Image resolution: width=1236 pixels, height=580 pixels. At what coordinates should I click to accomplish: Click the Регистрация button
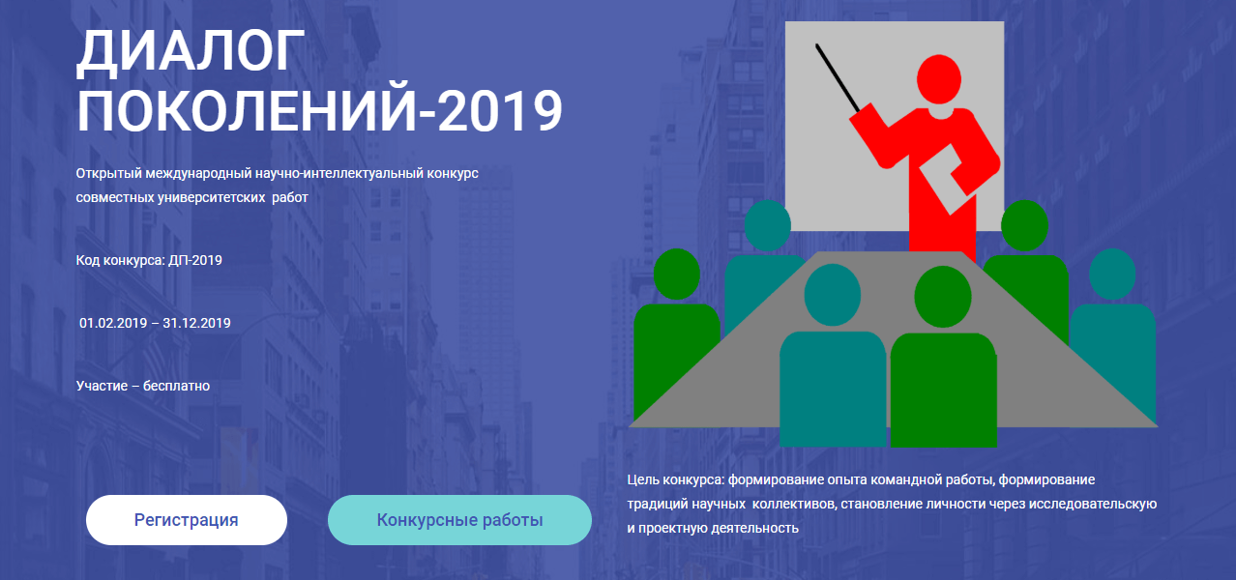(x=187, y=520)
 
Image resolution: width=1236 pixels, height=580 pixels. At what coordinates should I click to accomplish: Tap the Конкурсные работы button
(x=459, y=520)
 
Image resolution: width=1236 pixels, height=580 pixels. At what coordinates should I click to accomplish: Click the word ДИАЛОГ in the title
(x=191, y=53)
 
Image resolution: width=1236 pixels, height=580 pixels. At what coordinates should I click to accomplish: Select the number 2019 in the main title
(x=500, y=110)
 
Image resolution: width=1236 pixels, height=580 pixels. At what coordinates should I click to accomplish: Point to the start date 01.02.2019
(x=113, y=323)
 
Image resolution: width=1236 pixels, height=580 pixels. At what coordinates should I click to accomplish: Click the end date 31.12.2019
(x=196, y=323)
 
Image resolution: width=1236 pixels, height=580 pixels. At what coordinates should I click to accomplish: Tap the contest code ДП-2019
(x=194, y=260)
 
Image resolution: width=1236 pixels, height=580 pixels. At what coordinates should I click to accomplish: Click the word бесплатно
(x=177, y=386)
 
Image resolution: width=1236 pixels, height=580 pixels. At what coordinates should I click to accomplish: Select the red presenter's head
(x=938, y=79)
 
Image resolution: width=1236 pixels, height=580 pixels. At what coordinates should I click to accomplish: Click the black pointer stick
(x=838, y=78)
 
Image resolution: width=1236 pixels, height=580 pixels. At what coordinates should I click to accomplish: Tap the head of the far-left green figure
(x=676, y=274)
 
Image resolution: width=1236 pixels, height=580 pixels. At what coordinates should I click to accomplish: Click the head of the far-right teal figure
(x=1112, y=274)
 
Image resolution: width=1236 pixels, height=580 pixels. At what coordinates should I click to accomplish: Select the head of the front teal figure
(x=832, y=295)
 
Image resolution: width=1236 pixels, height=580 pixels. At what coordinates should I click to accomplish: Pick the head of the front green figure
(x=942, y=297)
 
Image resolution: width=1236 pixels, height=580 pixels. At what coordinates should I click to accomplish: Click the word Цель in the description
(x=643, y=480)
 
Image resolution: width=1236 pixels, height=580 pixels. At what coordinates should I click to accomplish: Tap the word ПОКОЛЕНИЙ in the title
(x=247, y=110)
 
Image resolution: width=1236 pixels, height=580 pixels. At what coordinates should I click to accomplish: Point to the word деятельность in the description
(x=754, y=528)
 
